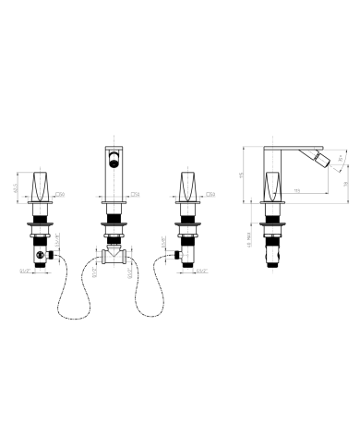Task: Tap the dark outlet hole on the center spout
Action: coord(114,163)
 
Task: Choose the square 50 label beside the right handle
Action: coord(210,195)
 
